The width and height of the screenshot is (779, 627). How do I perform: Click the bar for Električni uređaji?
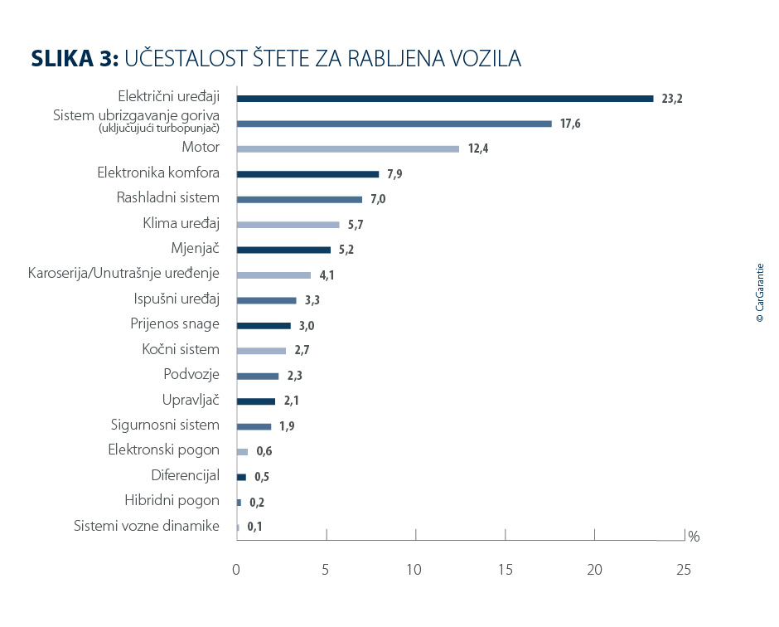pos(445,99)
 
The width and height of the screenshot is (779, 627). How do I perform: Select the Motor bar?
pos(347,149)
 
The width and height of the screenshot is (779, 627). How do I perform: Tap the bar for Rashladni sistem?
pos(299,200)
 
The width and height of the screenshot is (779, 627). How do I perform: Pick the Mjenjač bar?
pos(283,250)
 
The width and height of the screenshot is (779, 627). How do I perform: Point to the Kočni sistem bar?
pos(261,351)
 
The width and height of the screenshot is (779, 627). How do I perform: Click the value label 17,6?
pos(569,124)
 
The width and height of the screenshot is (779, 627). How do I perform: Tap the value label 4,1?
pos(327,275)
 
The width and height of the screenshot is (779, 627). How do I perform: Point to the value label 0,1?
pos(254,527)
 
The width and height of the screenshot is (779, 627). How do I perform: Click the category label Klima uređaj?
pos(181,223)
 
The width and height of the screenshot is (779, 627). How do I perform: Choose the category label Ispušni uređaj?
pos(177,299)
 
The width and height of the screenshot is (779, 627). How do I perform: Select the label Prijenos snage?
pos(175,324)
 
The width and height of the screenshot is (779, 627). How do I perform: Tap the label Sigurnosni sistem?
pos(166,425)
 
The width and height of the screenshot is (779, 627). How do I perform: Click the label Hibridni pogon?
pos(172,501)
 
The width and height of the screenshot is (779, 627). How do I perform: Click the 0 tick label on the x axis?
pos(236,570)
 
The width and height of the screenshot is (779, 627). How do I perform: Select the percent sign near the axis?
pos(694,537)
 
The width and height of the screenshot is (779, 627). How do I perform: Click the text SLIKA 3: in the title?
pos(75,59)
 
